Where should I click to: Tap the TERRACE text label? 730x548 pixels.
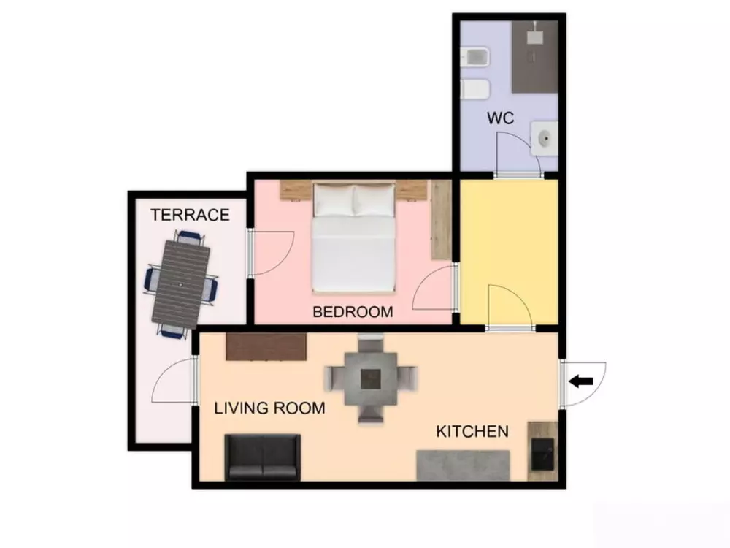(190, 215)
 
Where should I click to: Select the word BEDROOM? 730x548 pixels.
(353, 312)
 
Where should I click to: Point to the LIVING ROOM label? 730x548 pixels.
(269, 408)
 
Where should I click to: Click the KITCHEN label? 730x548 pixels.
(472, 431)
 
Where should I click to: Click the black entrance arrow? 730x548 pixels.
(580, 381)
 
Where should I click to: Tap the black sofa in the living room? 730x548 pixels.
(262, 457)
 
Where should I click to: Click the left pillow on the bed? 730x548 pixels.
(334, 200)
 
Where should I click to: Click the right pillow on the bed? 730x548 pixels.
(374, 200)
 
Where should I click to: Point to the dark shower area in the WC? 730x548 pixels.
(534, 57)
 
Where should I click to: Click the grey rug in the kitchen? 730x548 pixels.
(463, 465)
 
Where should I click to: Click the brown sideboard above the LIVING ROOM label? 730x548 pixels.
(266, 347)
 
